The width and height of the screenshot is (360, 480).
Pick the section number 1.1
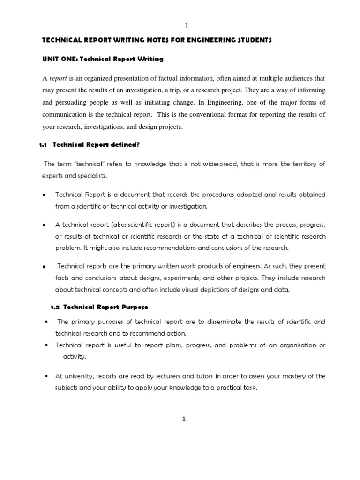[43, 145]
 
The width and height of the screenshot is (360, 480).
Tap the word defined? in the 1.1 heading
[126, 145]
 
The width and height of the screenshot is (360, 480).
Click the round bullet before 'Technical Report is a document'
[44, 195]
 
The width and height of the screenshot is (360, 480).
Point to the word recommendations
[123, 248]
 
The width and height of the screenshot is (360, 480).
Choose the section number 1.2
[55, 307]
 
